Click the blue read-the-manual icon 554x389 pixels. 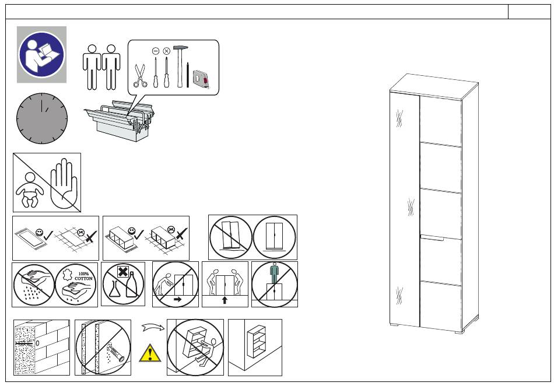(x=41, y=54)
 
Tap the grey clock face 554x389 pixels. (x=41, y=118)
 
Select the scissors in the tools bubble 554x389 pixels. (x=140, y=75)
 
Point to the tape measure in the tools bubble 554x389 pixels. (x=201, y=78)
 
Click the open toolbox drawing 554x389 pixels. (x=120, y=120)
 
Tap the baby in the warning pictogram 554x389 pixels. (x=30, y=190)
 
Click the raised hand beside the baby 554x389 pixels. (x=64, y=184)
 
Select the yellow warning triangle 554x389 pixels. (x=150, y=353)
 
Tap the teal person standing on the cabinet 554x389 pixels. (x=274, y=273)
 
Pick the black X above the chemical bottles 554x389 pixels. (x=122, y=272)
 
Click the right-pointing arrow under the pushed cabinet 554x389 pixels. (x=178, y=299)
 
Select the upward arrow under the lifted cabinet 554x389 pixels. (x=225, y=300)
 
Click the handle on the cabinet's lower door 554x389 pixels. (x=432, y=237)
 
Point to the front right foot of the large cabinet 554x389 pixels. (x=459, y=332)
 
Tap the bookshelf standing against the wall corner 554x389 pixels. (x=257, y=341)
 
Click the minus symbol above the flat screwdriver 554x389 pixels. (x=156, y=51)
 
